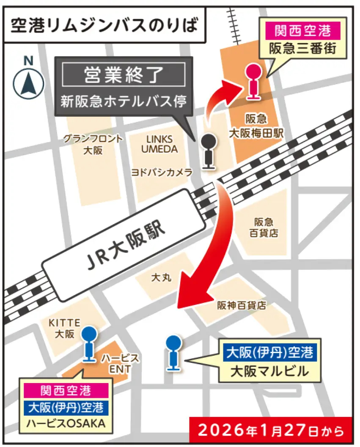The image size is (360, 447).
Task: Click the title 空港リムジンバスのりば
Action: pos(104,25)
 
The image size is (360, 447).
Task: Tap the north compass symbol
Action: pos(28,83)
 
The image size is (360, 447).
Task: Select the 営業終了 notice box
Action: pos(124,75)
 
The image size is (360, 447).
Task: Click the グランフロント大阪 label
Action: pos(93,144)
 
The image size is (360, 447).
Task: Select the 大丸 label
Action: pos(161,278)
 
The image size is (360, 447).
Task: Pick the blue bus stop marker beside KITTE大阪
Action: pos(89,344)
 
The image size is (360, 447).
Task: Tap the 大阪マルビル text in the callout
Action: pos(269,371)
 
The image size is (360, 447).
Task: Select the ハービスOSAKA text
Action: pos(66,424)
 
